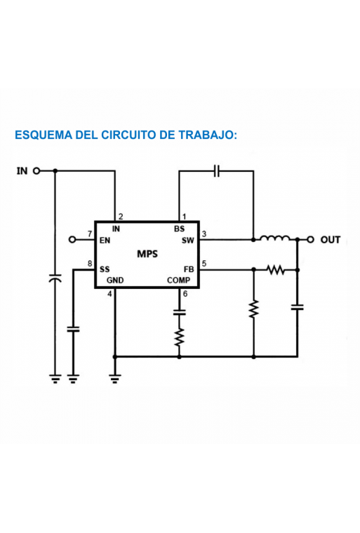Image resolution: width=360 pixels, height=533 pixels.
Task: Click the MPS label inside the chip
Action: (147, 254)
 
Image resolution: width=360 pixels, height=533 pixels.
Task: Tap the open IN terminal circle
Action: (36, 170)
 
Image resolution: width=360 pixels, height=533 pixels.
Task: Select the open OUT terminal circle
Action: (310, 240)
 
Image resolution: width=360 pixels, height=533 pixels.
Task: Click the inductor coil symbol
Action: (275, 238)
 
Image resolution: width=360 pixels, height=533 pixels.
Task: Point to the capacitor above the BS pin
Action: (217, 170)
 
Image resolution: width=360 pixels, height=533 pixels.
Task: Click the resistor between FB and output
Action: (276, 270)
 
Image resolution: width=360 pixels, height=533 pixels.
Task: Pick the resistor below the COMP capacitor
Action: (180, 337)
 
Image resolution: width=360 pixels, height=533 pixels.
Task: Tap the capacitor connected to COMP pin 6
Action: (180, 312)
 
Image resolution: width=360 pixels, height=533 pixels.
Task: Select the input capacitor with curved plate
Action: (55, 278)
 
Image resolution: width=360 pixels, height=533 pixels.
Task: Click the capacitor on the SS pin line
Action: (73, 329)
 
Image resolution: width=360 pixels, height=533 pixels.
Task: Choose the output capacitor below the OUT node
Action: (297, 307)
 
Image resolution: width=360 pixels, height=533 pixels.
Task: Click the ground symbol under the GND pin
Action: (114, 379)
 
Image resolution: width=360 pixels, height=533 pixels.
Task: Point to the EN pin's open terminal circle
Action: (72, 240)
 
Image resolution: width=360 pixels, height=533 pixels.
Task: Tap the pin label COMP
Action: (179, 281)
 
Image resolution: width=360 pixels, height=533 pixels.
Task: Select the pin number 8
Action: (90, 264)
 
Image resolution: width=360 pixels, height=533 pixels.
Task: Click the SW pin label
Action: (188, 241)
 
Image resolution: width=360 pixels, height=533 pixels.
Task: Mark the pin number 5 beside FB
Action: (204, 264)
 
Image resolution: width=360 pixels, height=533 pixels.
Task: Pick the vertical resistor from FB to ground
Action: (253, 309)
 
